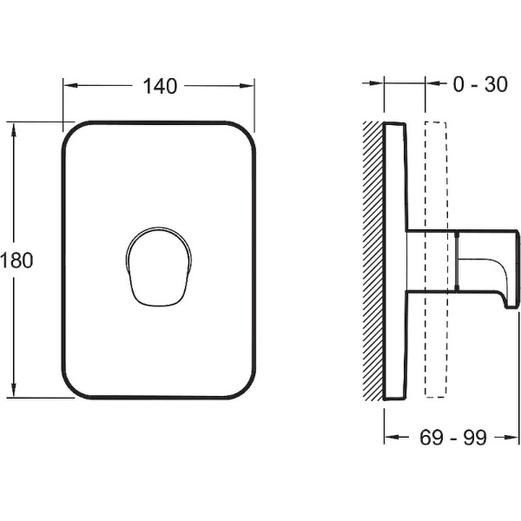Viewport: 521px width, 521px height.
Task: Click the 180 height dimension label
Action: point(16,260)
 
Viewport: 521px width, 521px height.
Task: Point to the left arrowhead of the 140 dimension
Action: point(69,85)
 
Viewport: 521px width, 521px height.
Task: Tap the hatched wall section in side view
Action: point(373,260)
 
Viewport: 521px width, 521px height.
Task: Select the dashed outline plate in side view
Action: point(435,174)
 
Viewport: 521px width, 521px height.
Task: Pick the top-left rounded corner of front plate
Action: point(73,132)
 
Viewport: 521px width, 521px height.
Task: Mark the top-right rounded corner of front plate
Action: point(248,132)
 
